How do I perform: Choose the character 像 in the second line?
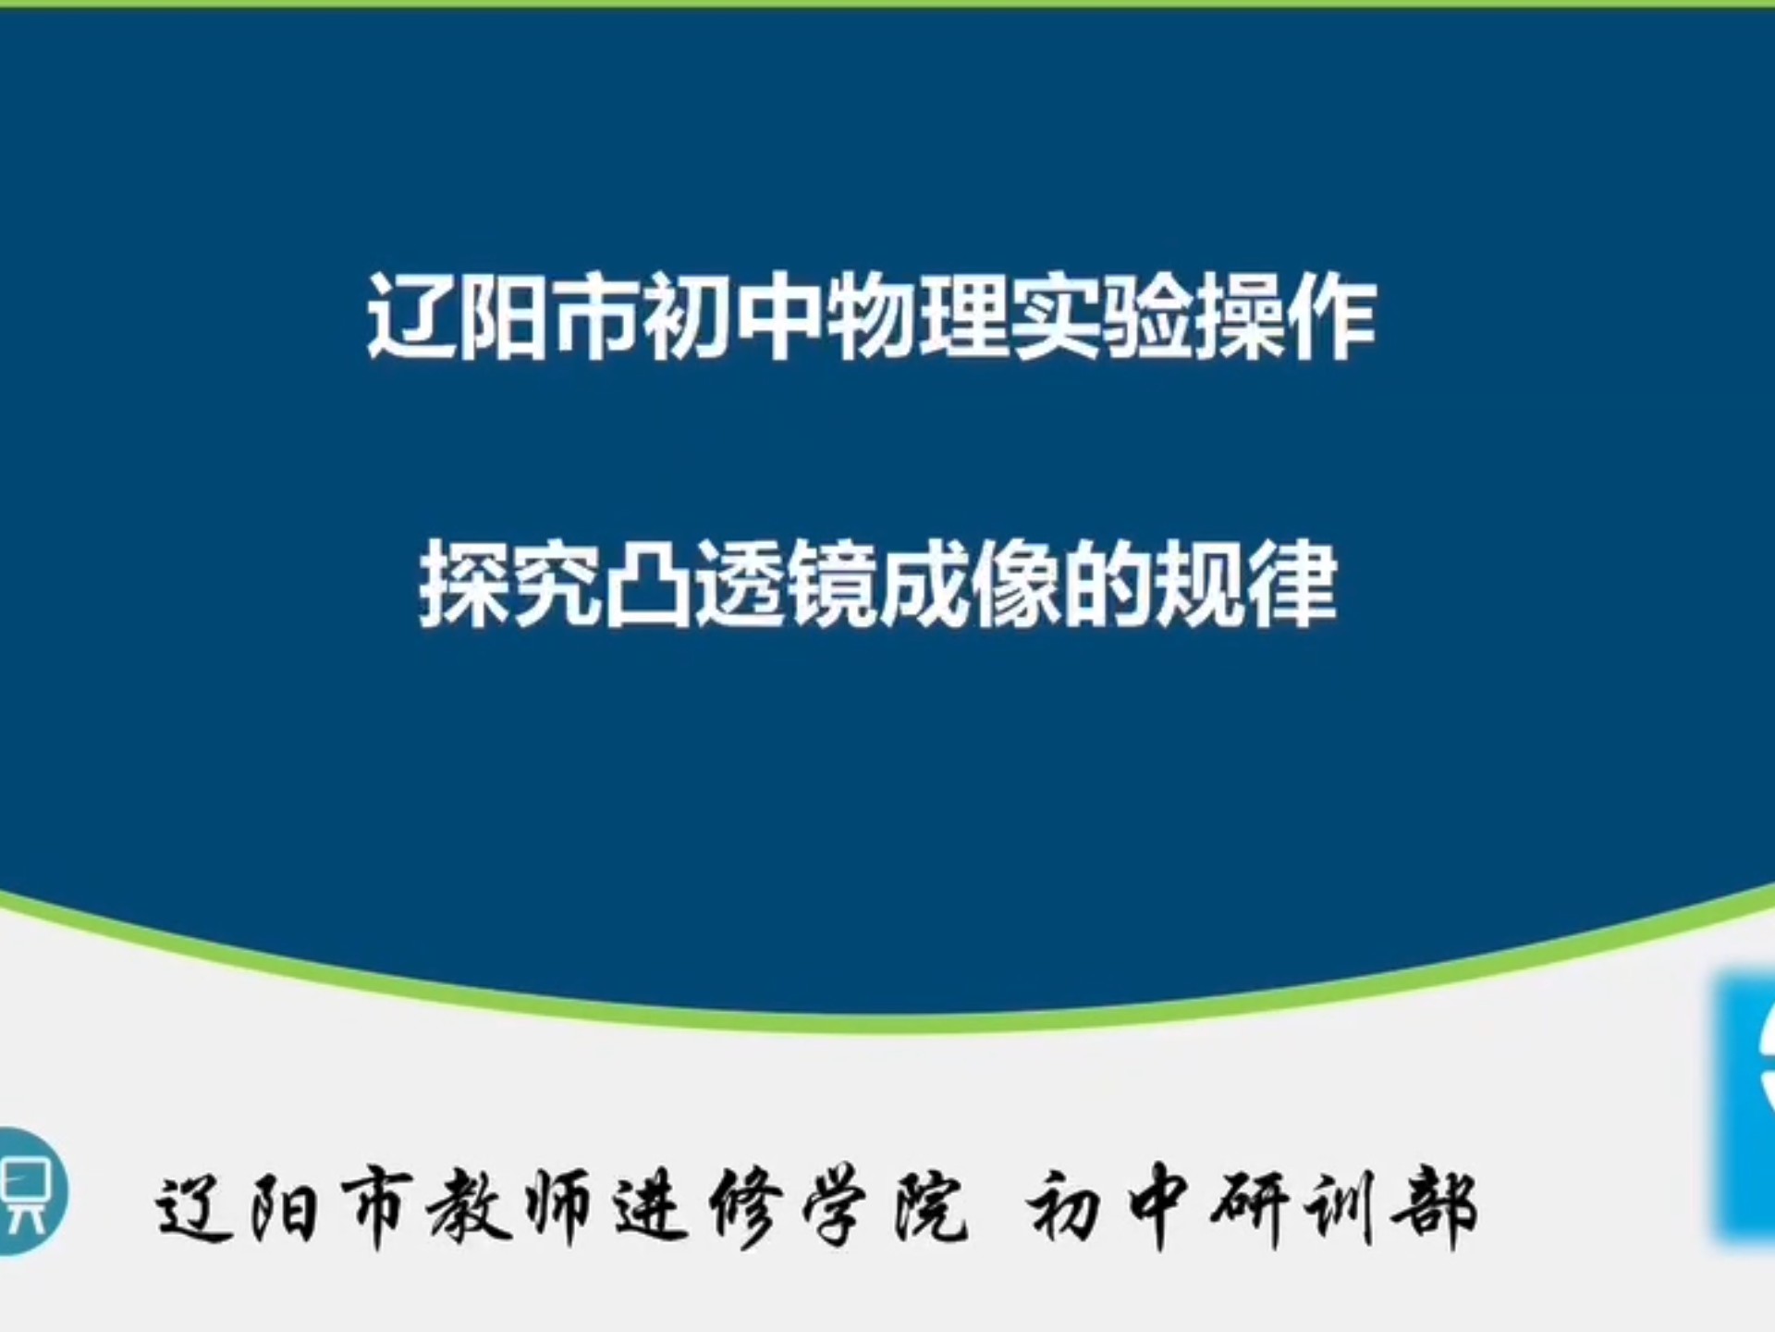(x=1016, y=585)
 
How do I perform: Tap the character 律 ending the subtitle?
(x=1292, y=585)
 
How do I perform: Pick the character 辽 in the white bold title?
(x=411, y=317)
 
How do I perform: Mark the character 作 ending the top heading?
(x=1332, y=317)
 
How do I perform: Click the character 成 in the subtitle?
(x=924, y=585)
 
